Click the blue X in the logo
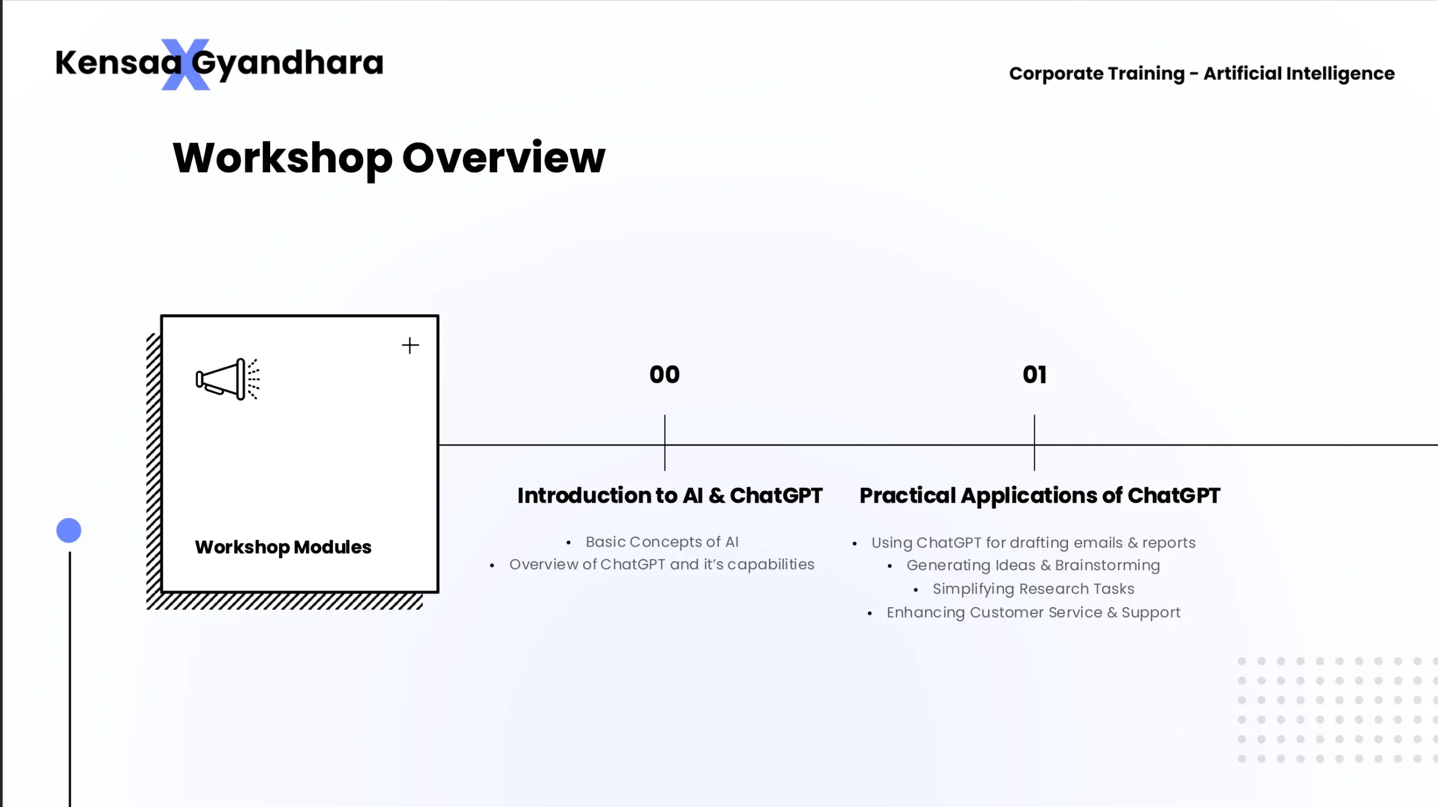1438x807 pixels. coord(185,65)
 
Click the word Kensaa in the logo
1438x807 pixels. coord(119,62)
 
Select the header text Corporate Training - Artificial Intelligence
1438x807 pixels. coord(1202,74)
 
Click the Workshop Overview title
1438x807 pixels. coord(389,158)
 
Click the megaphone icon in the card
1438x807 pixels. coord(227,379)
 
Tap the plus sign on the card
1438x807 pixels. coord(410,345)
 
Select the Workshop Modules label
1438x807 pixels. coord(283,548)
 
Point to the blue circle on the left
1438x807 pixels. coord(69,531)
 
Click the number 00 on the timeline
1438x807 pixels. coord(665,375)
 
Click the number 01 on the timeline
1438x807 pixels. coord(1035,375)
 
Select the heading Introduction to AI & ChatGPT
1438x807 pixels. coord(670,496)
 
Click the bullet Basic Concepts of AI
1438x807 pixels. coord(662,542)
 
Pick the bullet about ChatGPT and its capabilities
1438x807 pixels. coord(662,565)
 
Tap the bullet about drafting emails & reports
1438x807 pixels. coord(1034,543)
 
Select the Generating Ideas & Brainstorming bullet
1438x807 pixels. coord(1033,566)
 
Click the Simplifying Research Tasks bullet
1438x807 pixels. coord(1034,589)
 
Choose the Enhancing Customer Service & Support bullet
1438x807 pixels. coord(1034,613)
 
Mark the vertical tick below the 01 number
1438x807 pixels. coord(1034,443)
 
